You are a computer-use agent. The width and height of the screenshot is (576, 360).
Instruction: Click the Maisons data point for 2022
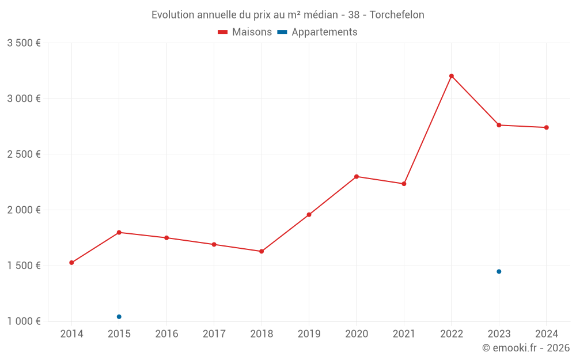click(452, 76)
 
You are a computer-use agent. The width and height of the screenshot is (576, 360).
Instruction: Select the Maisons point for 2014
click(71, 263)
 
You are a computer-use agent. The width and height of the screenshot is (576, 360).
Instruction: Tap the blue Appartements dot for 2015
click(119, 317)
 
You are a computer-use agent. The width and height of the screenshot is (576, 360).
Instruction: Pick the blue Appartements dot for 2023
click(499, 271)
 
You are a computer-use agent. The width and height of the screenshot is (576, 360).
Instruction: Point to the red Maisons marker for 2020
click(357, 177)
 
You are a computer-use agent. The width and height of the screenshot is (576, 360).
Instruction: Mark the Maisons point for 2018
click(262, 251)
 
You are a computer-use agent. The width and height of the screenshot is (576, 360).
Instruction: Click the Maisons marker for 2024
click(546, 127)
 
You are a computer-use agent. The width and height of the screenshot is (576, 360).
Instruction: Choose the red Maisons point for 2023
click(499, 125)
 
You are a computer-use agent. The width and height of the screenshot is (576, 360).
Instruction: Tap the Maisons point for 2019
click(309, 215)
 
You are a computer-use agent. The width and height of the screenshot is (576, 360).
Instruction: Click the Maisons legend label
click(252, 32)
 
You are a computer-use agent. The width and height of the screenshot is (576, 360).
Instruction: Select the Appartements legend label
click(324, 32)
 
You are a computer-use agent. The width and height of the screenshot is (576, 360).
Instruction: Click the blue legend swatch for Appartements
click(282, 32)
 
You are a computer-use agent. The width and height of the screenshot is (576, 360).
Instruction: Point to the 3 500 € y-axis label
click(24, 43)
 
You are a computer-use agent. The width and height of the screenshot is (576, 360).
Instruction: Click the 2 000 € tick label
click(24, 210)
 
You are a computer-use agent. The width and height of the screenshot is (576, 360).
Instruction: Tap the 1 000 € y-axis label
click(24, 321)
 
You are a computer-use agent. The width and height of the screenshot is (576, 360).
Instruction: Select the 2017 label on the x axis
click(214, 334)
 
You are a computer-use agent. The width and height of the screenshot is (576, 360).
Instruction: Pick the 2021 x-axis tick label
click(404, 334)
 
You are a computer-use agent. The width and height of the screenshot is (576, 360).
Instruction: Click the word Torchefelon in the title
click(397, 15)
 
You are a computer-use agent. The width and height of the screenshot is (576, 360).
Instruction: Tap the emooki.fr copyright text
click(526, 348)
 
